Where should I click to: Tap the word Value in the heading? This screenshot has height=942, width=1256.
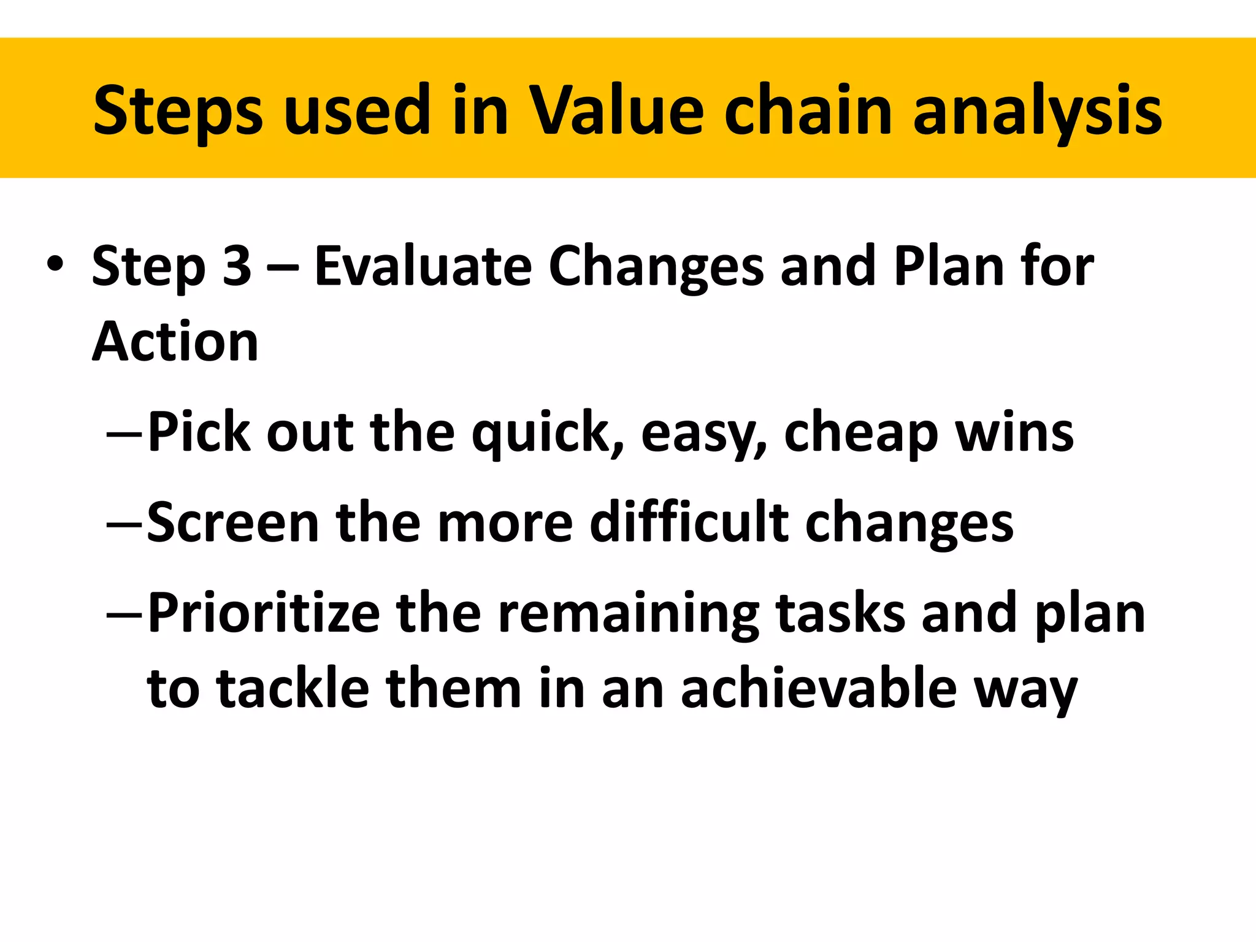click(x=616, y=110)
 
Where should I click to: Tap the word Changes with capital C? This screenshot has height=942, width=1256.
click(x=656, y=267)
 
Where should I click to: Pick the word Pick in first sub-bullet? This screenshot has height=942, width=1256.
click(x=200, y=432)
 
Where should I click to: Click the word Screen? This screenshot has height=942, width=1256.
click(x=233, y=523)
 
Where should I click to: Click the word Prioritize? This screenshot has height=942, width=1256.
click(x=264, y=613)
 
